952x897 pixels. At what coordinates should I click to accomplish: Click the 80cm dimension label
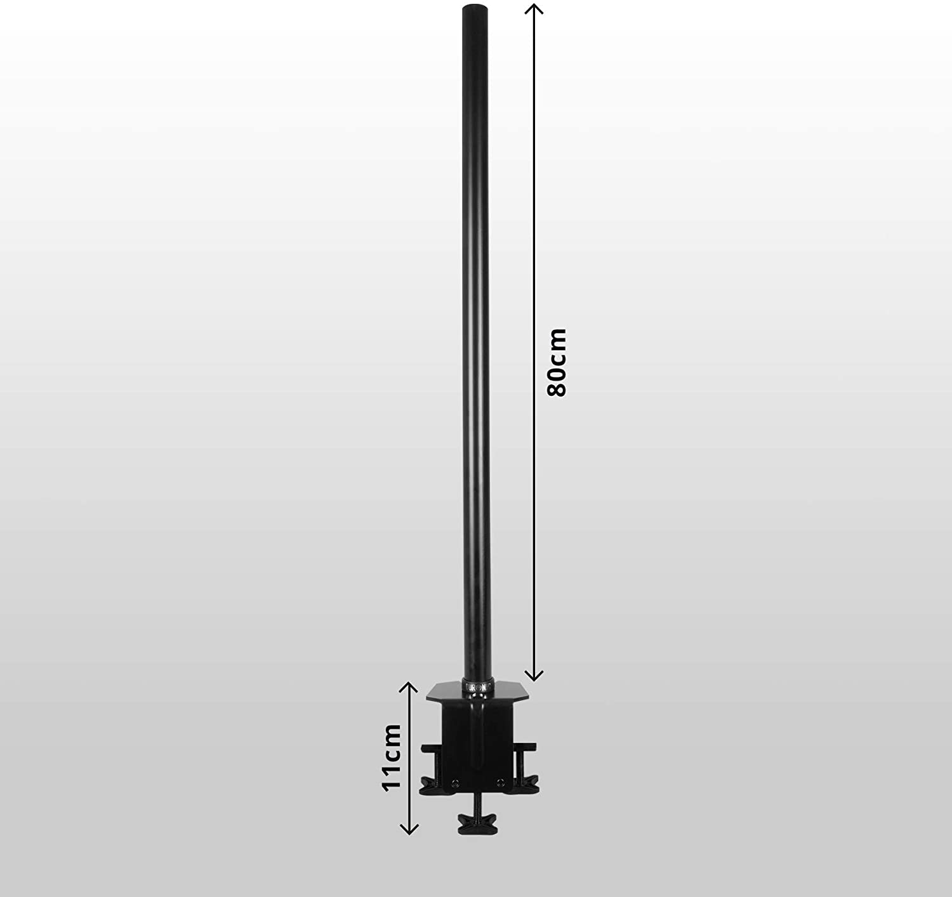(557, 362)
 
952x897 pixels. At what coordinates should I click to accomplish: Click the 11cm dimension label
(392, 757)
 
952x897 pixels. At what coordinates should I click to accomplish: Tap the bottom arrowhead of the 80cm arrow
(535, 676)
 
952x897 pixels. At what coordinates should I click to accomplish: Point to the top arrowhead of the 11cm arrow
(409, 686)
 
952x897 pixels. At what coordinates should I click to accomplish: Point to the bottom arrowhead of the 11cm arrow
(409, 829)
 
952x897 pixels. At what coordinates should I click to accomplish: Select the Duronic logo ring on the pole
(475, 686)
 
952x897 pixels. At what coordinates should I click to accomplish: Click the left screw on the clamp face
(454, 782)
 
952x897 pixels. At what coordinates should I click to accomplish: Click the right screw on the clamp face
(500, 782)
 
